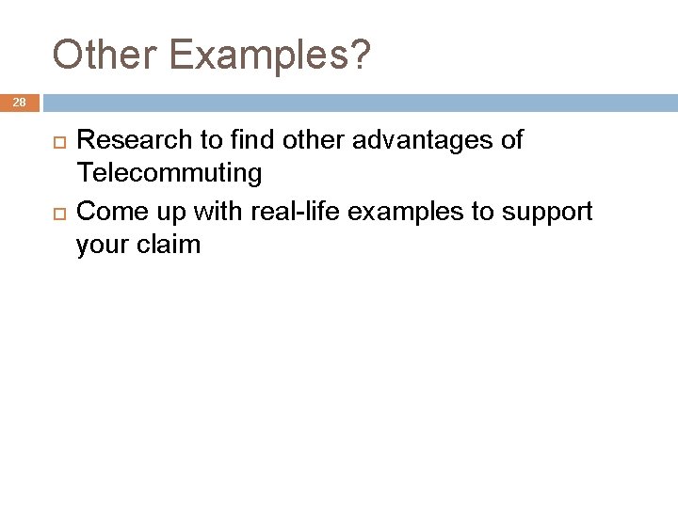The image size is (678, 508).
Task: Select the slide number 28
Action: coord(20,102)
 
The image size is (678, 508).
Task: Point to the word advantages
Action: coord(417,141)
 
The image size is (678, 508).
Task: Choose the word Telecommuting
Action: coord(169,174)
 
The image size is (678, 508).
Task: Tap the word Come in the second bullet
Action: coord(109,211)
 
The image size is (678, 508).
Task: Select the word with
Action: coord(211,211)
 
